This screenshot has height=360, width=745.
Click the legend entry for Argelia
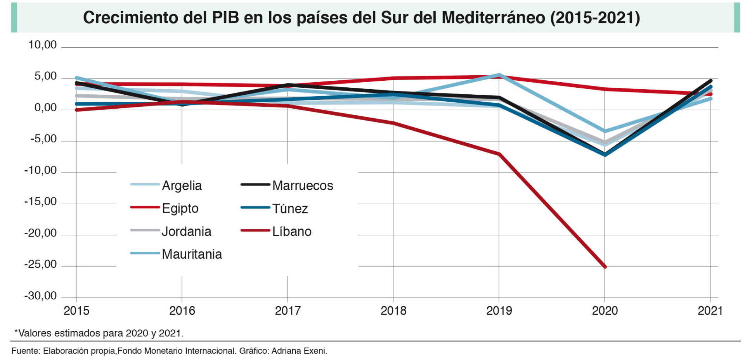[x=182, y=185]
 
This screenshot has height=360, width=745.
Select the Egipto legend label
[x=180, y=208]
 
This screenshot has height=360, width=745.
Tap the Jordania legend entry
[x=186, y=231]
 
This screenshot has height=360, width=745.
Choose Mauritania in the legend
[x=192, y=254]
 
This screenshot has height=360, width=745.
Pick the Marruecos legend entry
[x=302, y=185]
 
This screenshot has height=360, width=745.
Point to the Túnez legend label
[x=290, y=208]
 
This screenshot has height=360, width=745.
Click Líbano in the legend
[x=291, y=231]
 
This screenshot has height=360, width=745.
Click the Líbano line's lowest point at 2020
[x=605, y=267]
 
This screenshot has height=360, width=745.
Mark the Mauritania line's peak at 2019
[x=499, y=75]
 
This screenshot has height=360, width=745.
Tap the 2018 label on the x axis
[x=393, y=311]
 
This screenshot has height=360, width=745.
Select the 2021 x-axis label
[x=710, y=311]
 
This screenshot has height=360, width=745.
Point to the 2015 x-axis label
[x=76, y=311]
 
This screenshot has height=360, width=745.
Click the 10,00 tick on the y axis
[x=42, y=45]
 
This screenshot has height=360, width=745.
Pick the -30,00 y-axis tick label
[x=40, y=296]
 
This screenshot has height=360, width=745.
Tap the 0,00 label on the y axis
[x=45, y=108]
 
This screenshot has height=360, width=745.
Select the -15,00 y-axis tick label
[x=40, y=202]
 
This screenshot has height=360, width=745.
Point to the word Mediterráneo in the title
[x=493, y=18]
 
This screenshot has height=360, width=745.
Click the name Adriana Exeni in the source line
[x=299, y=351]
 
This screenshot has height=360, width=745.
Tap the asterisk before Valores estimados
[x=16, y=332]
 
